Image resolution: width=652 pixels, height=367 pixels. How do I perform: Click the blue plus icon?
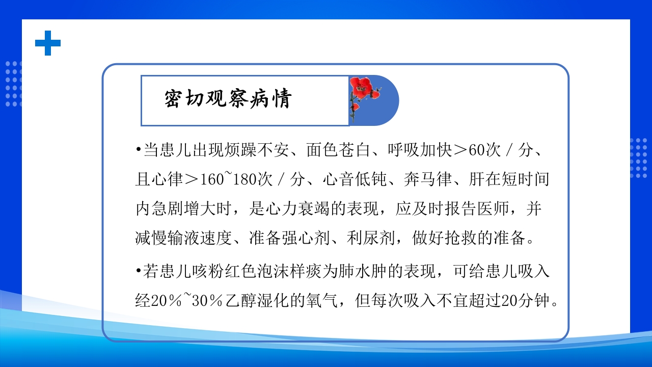click(x=48, y=43)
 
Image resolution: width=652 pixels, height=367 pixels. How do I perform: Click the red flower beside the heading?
click(x=363, y=87)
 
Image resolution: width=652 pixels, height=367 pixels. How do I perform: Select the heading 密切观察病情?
click(x=227, y=99)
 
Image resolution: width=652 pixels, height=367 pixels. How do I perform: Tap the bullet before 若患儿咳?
click(x=138, y=272)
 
